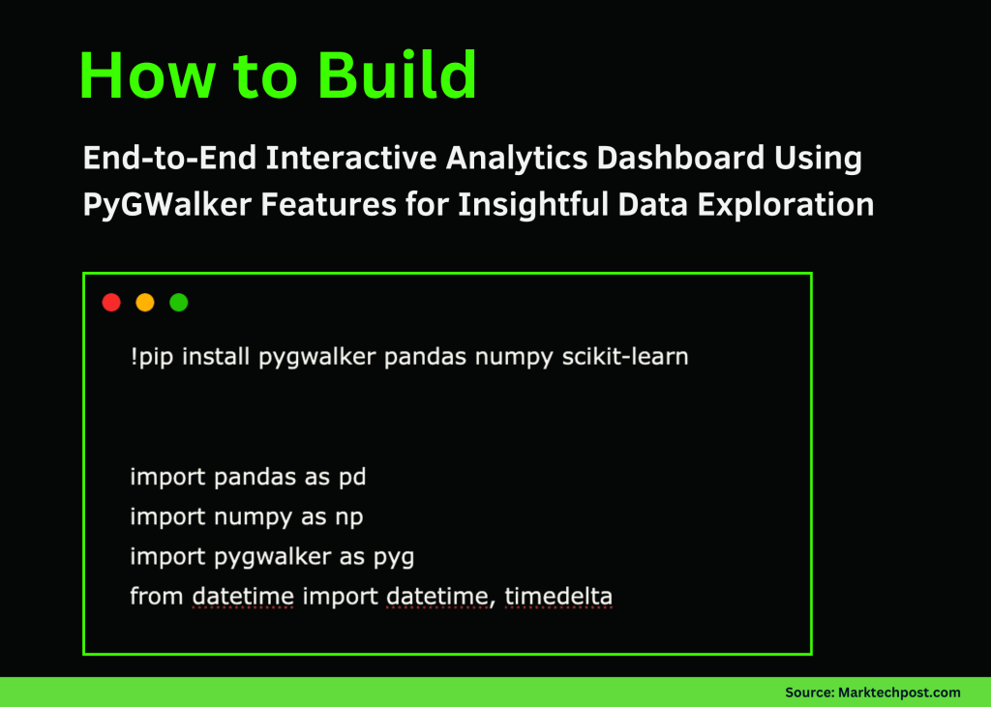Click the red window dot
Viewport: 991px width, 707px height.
pos(111,303)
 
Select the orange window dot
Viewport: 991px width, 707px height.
pos(145,303)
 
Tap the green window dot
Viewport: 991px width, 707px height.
pos(179,303)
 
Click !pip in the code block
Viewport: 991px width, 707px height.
pos(153,357)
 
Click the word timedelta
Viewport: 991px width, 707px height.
pos(558,597)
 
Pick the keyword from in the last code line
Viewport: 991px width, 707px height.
pos(157,597)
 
